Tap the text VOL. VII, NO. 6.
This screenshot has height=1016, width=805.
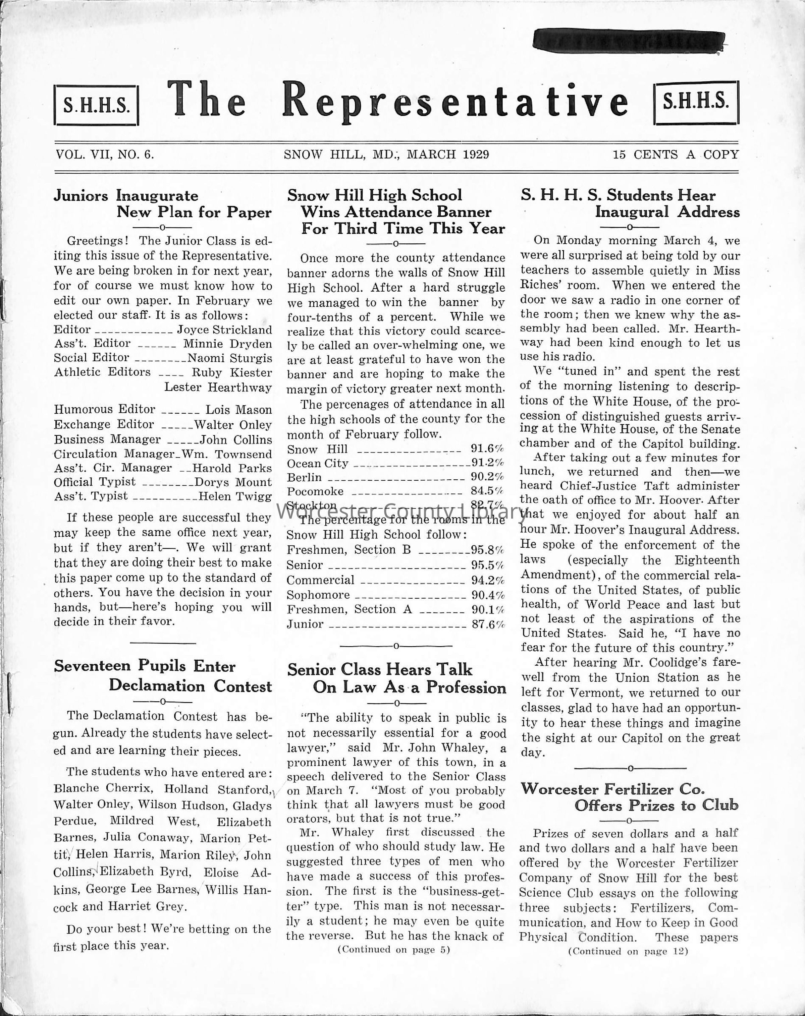[105, 155]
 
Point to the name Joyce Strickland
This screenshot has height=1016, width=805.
[224, 330]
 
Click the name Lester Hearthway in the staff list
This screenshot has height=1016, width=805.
[218, 387]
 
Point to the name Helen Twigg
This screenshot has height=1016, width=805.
[235, 496]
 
